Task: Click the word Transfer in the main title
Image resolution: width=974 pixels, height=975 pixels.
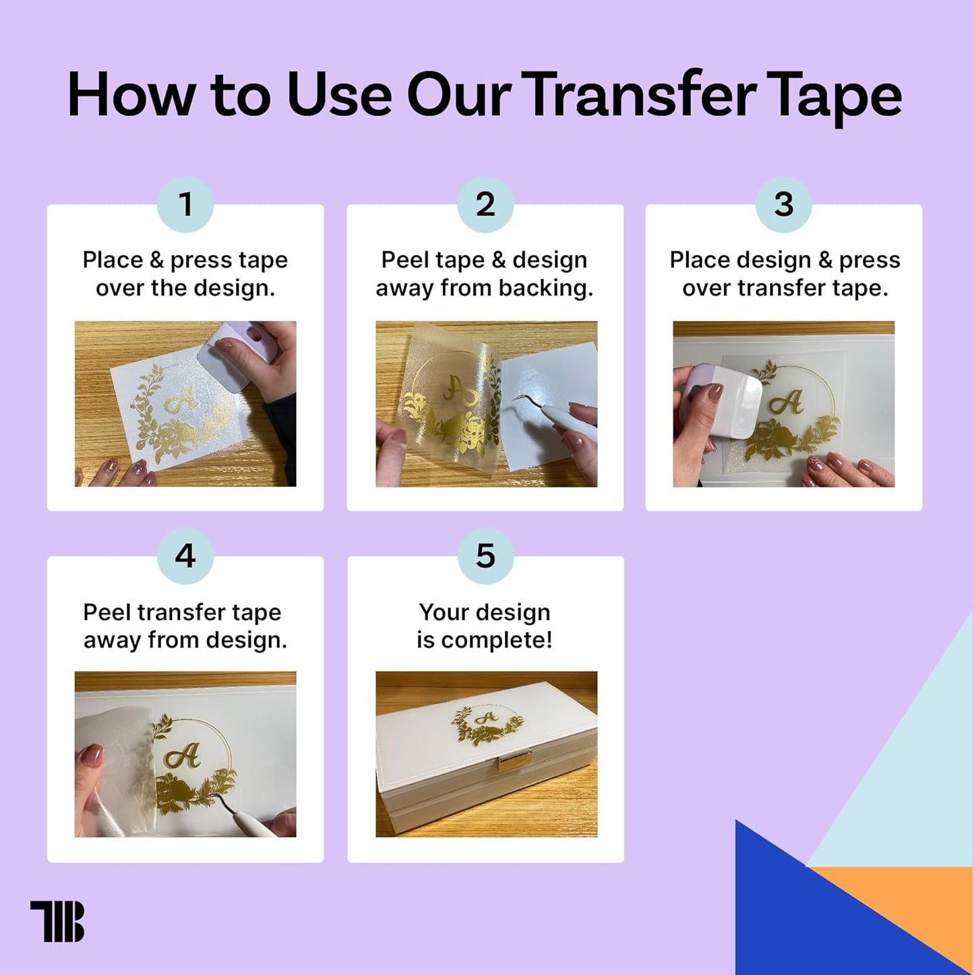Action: [638, 95]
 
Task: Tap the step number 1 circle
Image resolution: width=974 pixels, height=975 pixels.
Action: [185, 204]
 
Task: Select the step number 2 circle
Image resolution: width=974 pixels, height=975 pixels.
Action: [485, 204]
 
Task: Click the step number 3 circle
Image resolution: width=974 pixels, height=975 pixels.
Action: [783, 204]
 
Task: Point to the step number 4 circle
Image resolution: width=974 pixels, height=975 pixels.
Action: [185, 556]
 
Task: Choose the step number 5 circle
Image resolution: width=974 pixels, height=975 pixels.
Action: [485, 556]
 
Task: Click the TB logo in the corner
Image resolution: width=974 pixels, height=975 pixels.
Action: [57, 921]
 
